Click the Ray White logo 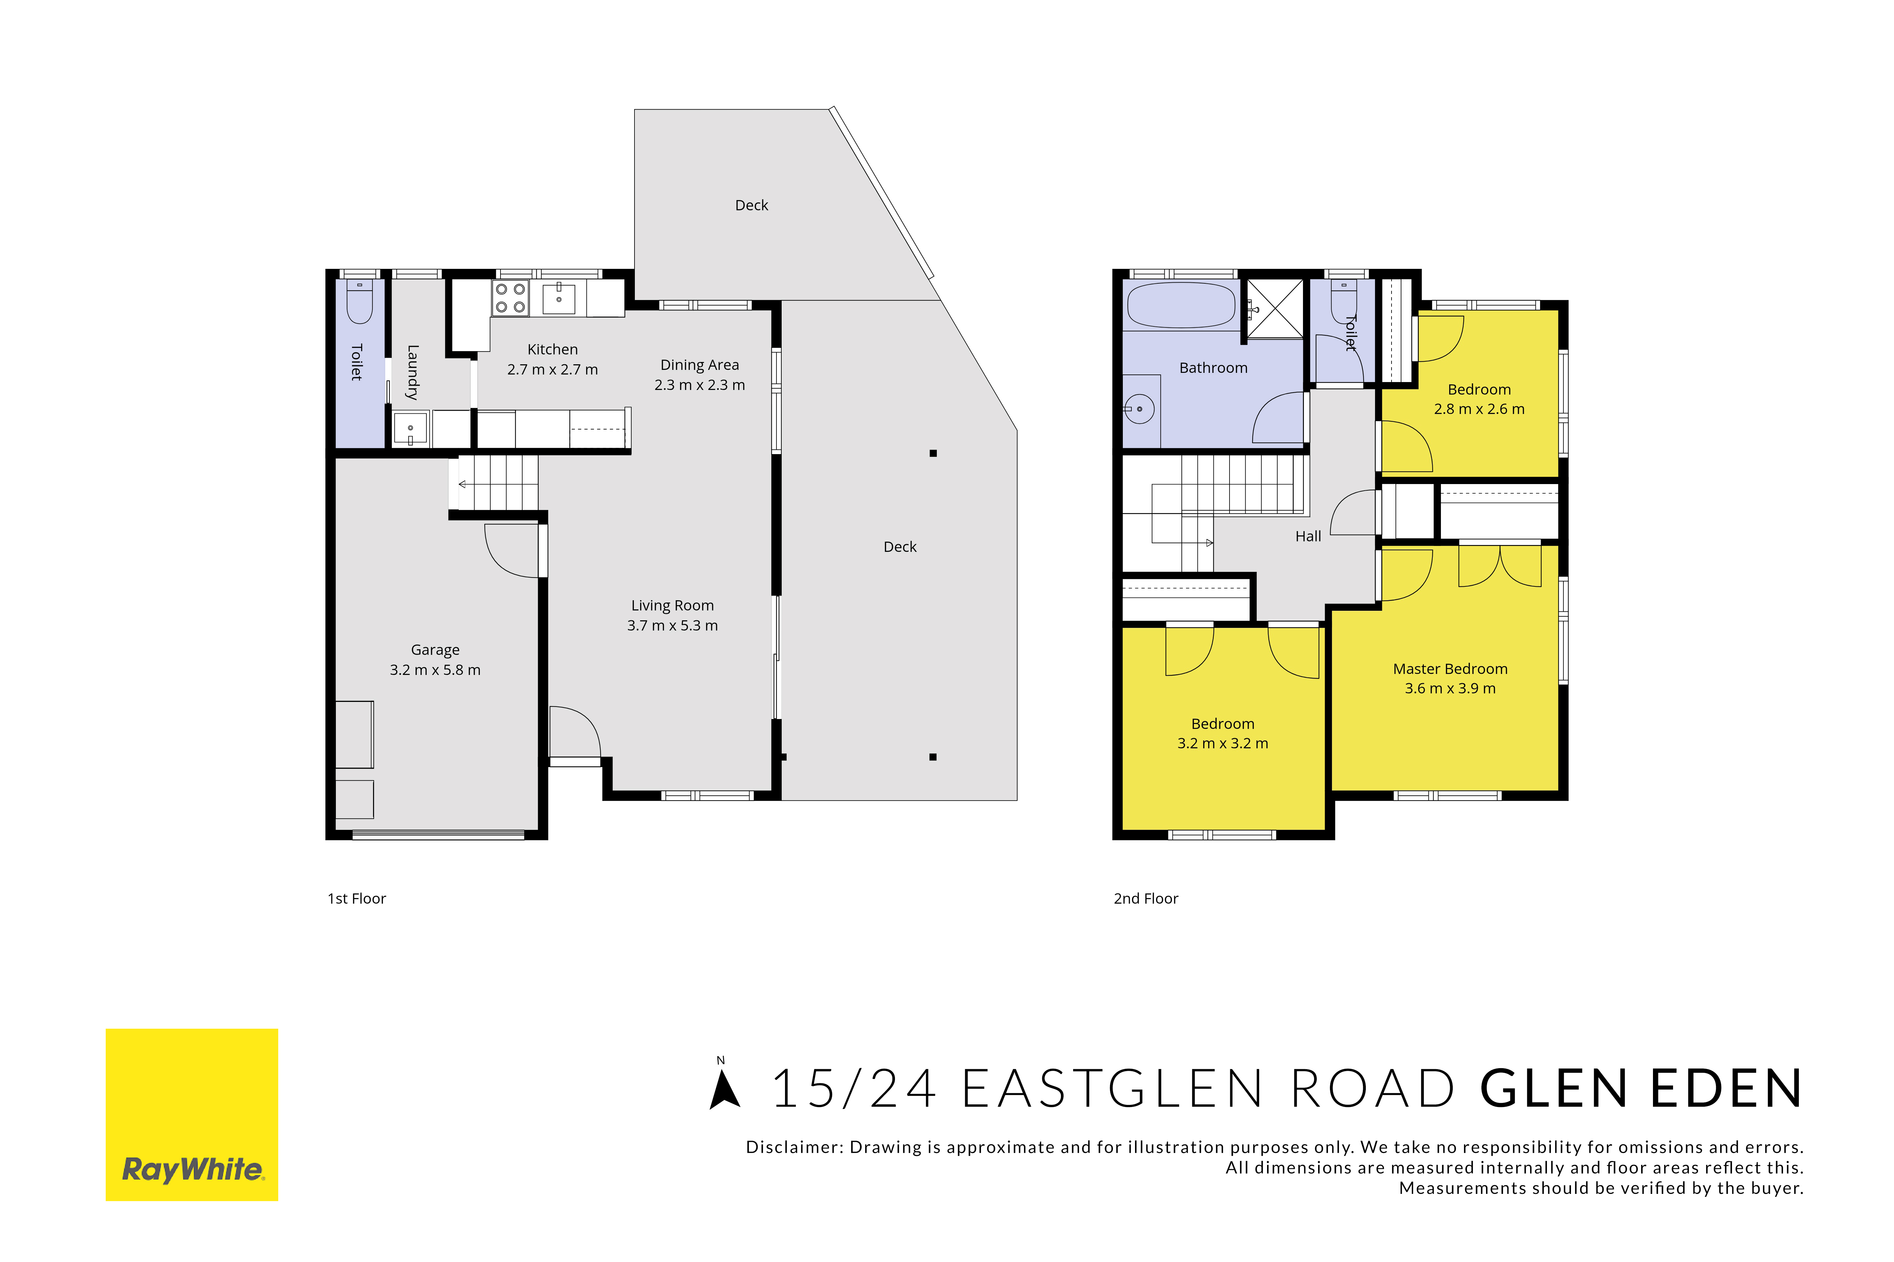(192, 1115)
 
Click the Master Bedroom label (1450, 669)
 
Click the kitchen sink (559, 298)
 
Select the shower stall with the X (1275, 308)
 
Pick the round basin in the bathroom (1139, 409)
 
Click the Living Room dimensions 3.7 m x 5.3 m (672, 625)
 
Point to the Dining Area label (700, 365)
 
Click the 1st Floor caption (357, 898)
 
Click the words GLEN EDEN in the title (1641, 1089)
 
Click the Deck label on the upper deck (751, 205)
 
